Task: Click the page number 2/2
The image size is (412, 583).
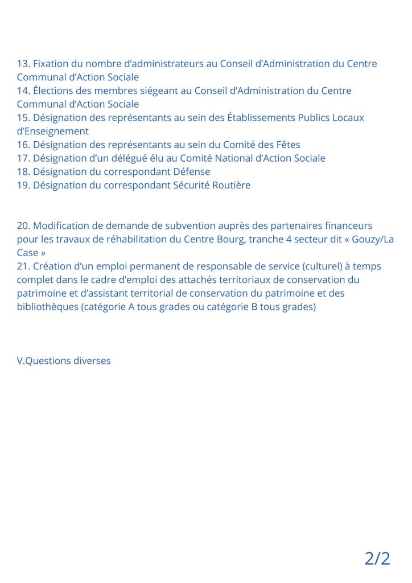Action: point(377,558)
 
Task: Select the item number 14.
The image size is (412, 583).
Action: point(23,91)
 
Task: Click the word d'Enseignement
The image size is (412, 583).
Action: point(52,132)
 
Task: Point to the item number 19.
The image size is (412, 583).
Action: point(23,186)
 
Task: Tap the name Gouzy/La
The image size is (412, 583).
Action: point(373,240)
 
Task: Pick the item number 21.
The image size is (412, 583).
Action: point(23,266)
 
